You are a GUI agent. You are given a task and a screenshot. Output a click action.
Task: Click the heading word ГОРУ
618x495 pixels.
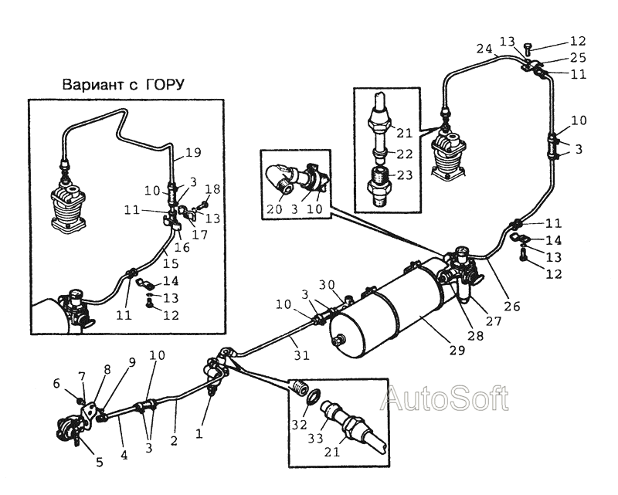165,85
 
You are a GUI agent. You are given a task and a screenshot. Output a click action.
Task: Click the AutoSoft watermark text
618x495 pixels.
444,398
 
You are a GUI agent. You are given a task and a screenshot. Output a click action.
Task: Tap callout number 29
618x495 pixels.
457,350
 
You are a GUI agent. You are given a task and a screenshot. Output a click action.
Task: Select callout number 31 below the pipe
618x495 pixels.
301,355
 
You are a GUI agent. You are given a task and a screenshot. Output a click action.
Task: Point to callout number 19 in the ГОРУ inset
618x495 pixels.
193,152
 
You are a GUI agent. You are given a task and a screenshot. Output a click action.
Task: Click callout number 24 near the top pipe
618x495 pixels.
484,49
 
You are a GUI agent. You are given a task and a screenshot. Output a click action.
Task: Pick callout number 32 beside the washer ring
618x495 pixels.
299,425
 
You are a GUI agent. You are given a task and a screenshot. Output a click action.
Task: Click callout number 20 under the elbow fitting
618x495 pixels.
274,209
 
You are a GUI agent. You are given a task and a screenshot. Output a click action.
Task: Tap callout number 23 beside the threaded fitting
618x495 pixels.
404,175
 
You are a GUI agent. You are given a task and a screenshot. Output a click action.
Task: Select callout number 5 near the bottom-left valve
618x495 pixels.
100,462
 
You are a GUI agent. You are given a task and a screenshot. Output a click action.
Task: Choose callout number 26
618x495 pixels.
512,306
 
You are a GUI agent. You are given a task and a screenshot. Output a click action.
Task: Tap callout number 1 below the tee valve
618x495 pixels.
199,434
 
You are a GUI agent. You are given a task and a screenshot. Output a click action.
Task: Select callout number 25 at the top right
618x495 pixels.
578,58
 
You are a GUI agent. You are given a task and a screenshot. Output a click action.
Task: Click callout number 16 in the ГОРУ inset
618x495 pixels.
182,247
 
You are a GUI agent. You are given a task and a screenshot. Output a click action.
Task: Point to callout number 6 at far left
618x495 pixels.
56,383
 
